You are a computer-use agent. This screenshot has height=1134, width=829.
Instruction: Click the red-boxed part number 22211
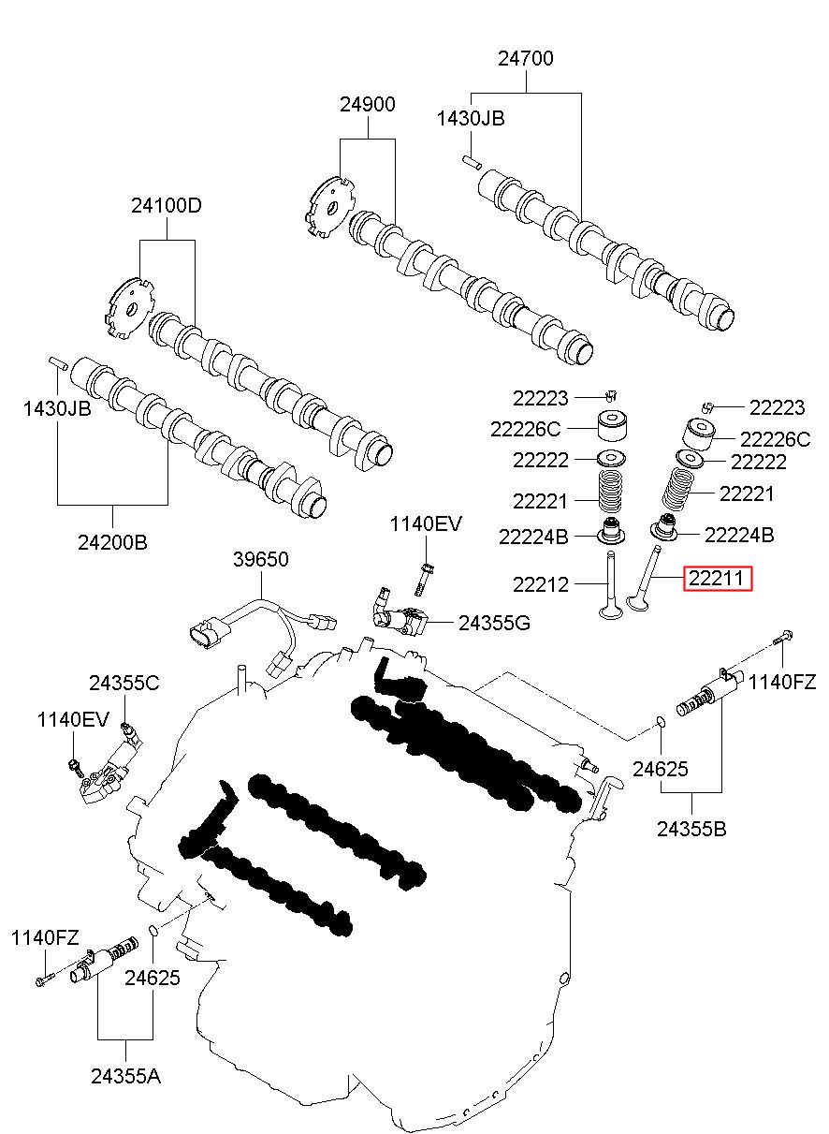point(718,578)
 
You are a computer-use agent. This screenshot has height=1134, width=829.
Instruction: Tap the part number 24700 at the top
point(526,58)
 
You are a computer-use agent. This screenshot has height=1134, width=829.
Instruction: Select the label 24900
point(367,104)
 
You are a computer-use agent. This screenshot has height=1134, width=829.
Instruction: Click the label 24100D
point(167,205)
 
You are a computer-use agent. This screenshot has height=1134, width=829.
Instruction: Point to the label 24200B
point(113,542)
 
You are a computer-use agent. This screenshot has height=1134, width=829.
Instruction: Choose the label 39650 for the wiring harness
point(261,559)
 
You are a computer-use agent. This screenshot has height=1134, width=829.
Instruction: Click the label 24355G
point(494,624)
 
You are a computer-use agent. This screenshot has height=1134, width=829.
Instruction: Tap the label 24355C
point(124,683)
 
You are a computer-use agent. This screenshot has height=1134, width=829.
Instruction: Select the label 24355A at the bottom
point(126,1077)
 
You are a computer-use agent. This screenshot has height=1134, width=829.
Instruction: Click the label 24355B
point(691,830)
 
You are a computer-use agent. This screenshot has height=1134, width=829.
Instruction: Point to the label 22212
point(541,584)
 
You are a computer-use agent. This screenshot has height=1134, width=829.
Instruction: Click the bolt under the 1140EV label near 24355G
point(424,580)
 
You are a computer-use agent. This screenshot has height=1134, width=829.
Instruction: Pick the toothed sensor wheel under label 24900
point(328,208)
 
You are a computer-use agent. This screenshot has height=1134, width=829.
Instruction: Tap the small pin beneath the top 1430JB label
point(472,162)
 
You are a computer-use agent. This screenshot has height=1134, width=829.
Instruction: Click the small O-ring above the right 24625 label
point(661,722)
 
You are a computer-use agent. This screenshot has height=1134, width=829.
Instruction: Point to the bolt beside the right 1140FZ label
point(782,638)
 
